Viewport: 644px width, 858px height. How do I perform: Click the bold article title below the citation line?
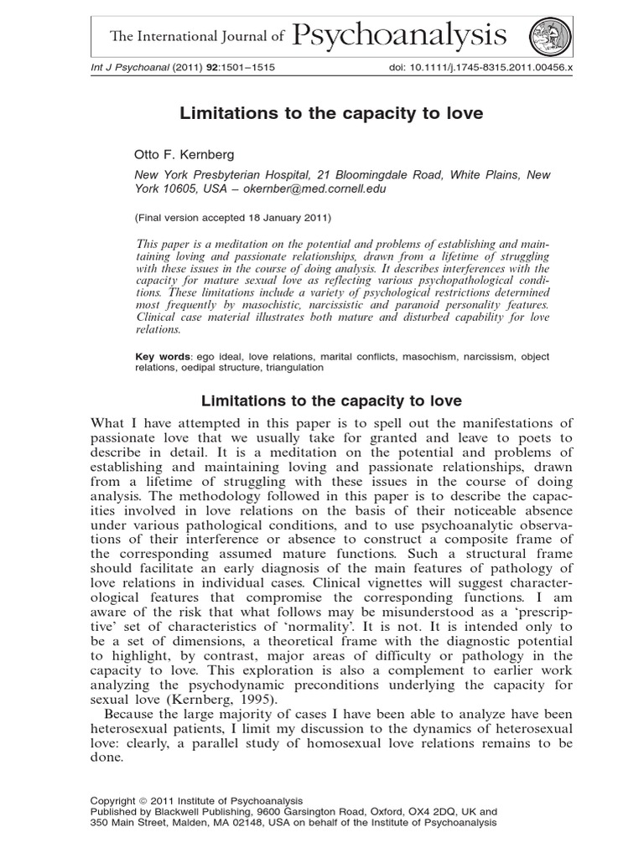(321, 111)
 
